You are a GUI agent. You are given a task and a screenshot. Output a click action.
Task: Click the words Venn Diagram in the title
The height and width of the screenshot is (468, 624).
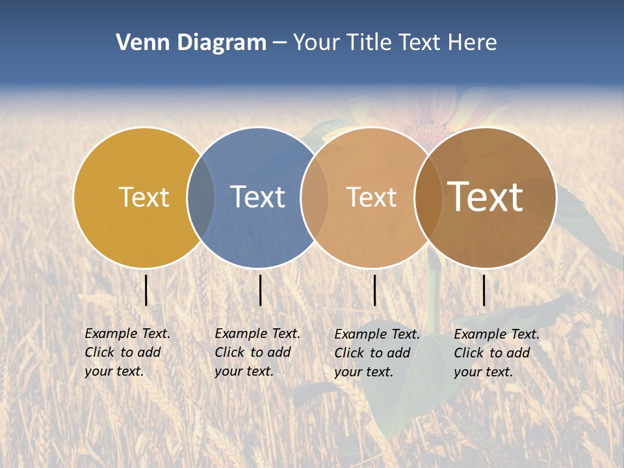pyautogui.click(x=191, y=43)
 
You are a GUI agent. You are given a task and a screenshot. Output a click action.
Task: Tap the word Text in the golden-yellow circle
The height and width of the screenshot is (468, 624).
pyautogui.click(x=144, y=197)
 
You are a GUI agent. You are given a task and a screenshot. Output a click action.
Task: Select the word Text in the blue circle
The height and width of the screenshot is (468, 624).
pyautogui.click(x=257, y=197)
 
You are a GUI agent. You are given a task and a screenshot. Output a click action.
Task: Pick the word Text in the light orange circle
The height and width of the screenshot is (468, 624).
pyautogui.click(x=371, y=197)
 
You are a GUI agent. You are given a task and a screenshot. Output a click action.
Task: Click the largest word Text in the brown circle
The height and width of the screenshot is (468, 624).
pyautogui.click(x=485, y=197)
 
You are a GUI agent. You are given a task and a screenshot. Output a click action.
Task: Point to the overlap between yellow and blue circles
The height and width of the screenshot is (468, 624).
pyautogui.click(x=201, y=197)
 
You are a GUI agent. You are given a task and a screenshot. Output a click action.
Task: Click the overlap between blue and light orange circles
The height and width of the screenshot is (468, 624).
pyautogui.click(x=314, y=197)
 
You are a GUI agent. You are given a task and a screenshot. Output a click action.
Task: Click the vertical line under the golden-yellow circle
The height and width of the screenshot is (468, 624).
pyautogui.click(x=146, y=290)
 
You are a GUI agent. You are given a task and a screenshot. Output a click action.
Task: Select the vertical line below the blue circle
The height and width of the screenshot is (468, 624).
pyautogui.click(x=260, y=290)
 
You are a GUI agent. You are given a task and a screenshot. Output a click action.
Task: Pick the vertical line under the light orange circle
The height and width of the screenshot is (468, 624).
pyautogui.click(x=374, y=290)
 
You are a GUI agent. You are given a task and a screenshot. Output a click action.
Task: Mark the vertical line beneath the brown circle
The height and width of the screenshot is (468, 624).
pyautogui.click(x=484, y=290)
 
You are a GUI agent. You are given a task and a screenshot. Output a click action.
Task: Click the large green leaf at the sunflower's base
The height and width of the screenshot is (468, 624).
pyautogui.click(x=396, y=370)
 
